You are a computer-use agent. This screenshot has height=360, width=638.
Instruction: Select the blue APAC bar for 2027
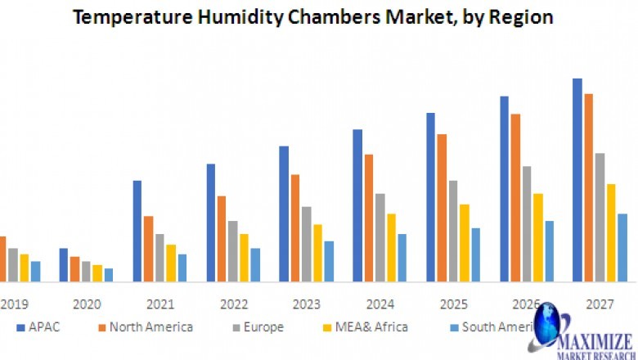[577, 180]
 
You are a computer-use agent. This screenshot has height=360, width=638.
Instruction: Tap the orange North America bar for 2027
[588, 187]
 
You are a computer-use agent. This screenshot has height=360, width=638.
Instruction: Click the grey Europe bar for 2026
[527, 224]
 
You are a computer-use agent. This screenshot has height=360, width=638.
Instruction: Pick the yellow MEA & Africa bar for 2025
[465, 243]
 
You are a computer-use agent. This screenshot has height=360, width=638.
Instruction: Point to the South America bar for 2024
[402, 258]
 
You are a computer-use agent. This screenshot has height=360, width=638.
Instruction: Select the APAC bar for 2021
[137, 232]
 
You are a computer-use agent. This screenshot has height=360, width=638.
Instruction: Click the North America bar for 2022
[222, 239]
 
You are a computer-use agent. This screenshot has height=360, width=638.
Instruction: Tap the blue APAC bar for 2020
[64, 265]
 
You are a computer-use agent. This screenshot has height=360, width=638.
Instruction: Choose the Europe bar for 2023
[307, 244]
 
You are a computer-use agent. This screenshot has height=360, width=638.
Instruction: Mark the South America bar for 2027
[622, 248]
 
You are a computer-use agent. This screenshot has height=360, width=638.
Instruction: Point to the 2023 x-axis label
[307, 304]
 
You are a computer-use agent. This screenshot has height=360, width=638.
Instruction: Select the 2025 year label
[453, 304]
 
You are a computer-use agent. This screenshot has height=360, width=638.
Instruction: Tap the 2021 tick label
[160, 304]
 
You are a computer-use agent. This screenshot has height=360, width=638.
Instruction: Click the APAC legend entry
[38, 327]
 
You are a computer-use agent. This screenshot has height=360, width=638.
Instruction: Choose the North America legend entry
[146, 327]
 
